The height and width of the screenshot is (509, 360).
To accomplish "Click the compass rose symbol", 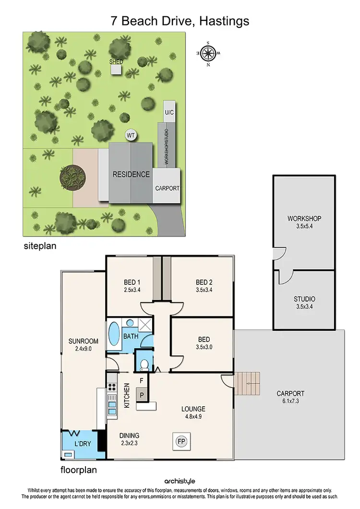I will pyautogui.click(x=208, y=53).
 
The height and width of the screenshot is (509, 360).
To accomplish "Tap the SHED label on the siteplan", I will pyautogui.click(x=116, y=62).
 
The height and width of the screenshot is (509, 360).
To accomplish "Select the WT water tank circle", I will pyautogui.click(x=130, y=135).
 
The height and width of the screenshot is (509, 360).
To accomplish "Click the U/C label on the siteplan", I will pyautogui.click(x=169, y=112).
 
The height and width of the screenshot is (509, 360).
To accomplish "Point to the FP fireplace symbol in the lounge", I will pyautogui.click(x=180, y=440).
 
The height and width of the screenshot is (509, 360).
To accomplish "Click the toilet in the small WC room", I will pyautogui.click(x=144, y=363).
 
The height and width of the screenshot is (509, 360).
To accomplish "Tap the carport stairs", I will pyautogui.click(x=248, y=383).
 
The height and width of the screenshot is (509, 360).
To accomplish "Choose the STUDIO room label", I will pyautogui.click(x=304, y=299).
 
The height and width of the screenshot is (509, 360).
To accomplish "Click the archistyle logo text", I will pyautogui.click(x=180, y=481).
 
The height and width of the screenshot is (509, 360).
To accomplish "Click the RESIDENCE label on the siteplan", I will pyautogui.click(x=131, y=174).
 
